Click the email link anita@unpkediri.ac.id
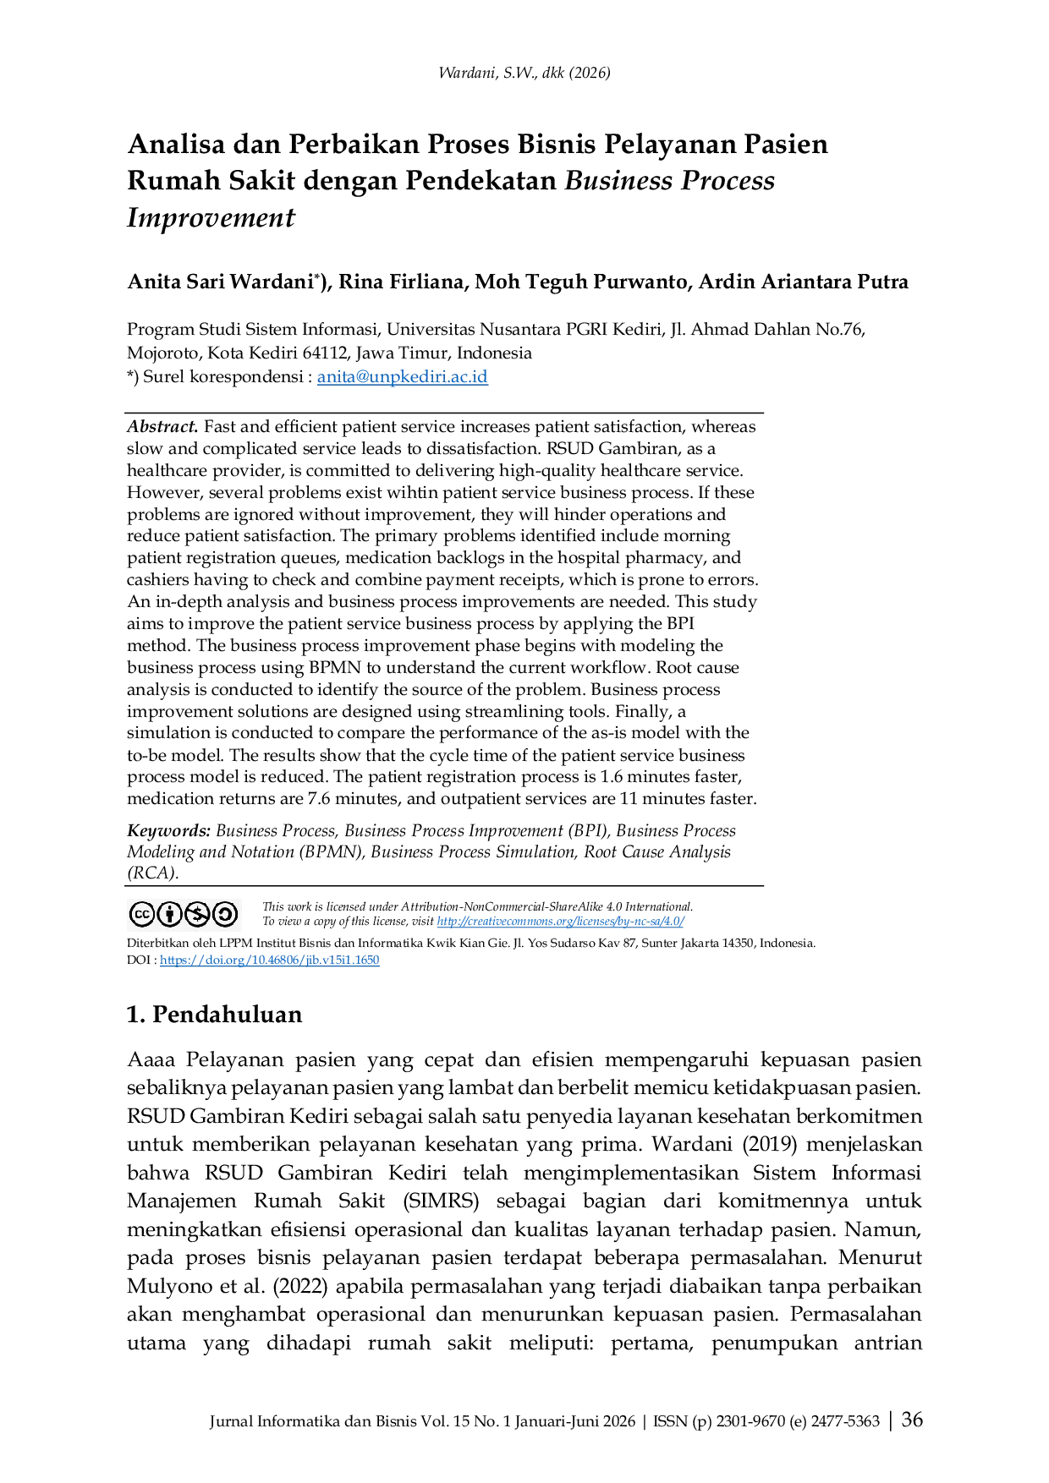coord(403,377)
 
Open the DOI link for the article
coord(269,960)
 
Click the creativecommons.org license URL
coord(560,922)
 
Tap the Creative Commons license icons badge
coord(184,914)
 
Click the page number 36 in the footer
coord(912,1420)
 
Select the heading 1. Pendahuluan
coord(214,1015)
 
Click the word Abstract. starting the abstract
coord(162,427)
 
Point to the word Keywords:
coord(168,831)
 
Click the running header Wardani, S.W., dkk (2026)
coord(524,73)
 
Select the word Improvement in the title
coord(211,218)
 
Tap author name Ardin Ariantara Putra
coord(803,282)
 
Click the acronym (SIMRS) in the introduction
coord(441,1201)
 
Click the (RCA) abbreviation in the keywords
coord(152,873)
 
